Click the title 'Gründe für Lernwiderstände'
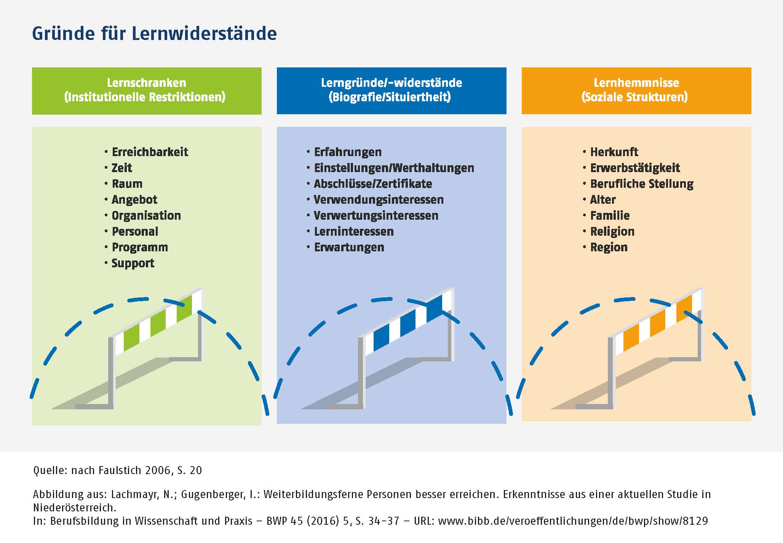(154, 34)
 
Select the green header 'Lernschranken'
(146, 83)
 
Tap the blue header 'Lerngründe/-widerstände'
(391, 83)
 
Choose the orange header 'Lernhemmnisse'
(636, 83)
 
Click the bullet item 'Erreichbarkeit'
(150, 152)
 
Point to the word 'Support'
(133, 263)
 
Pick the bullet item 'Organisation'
(146, 216)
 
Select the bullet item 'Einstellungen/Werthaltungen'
(394, 168)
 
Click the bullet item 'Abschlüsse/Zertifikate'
(372, 184)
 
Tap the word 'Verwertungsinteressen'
(376, 216)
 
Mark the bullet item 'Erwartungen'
(349, 248)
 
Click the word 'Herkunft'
(614, 152)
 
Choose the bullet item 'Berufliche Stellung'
(642, 184)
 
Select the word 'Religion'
(612, 232)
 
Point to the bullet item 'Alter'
(602, 200)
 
